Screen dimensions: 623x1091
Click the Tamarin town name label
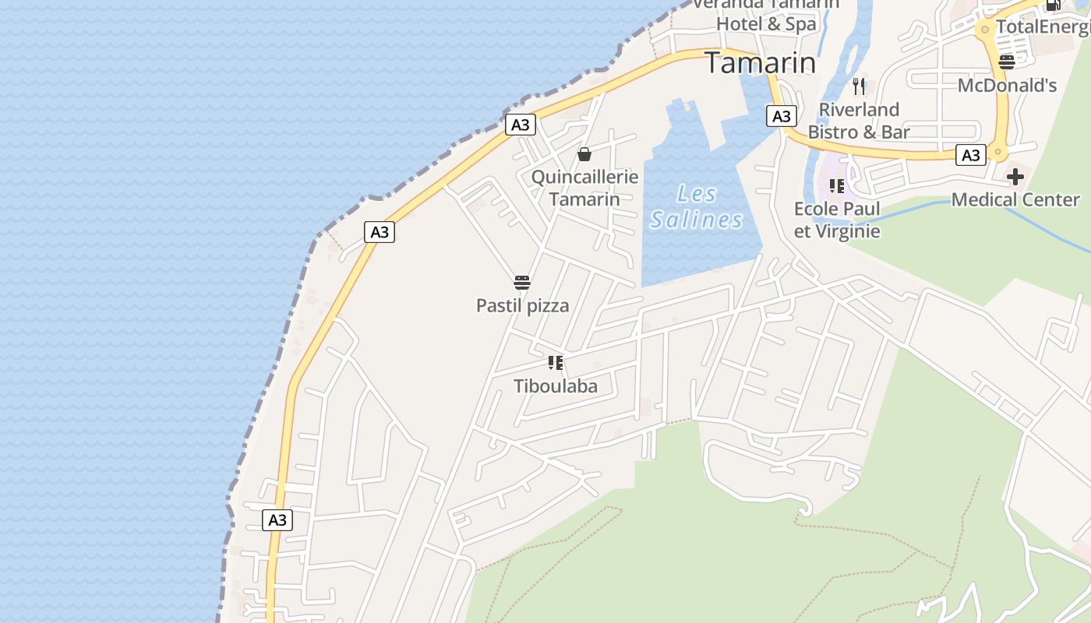(761, 63)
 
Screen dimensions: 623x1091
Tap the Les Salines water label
(696, 207)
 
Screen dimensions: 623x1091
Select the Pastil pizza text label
(522, 306)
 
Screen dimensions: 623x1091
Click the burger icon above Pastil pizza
(522, 282)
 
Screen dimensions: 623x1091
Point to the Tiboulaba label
(556, 386)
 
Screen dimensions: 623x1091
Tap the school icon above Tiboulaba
(556, 362)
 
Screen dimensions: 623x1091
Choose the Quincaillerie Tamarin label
(584, 188)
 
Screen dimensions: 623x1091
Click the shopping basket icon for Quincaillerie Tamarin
(584, 154)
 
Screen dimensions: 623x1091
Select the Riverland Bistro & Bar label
(859, 121)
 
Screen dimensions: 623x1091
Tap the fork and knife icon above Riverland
(859, 86)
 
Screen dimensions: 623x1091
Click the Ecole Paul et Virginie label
(837, 220)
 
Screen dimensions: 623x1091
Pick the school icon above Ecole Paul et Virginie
(837, 186)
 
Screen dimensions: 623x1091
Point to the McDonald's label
(1007, 86)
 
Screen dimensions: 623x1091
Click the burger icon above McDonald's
(1007, 62)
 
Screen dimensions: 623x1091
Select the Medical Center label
(1015, 200)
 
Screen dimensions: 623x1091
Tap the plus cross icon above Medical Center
(1015, 177)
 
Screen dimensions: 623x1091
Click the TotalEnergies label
(1043, 26)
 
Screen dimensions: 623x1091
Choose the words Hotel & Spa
(766, 24)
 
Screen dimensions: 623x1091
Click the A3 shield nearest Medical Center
(971, 156)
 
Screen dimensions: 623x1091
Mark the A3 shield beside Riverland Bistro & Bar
(781, 117)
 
